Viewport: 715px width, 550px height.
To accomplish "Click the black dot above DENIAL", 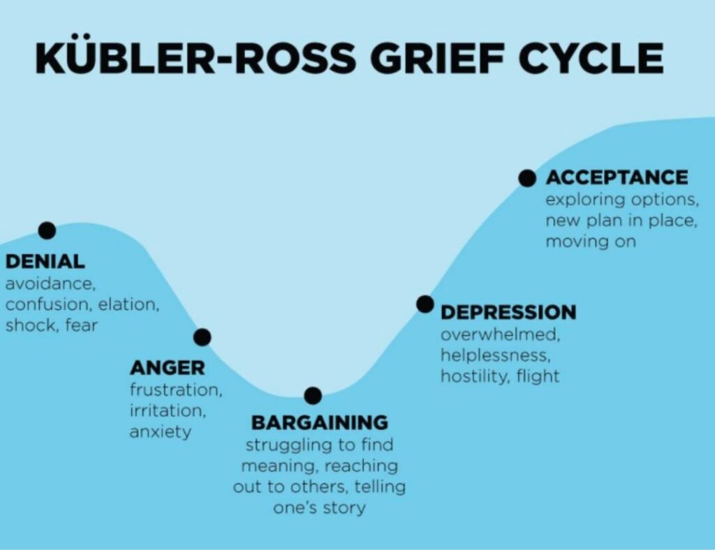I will [x=47, y=230].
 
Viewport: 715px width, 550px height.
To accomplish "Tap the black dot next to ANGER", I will [x=202, y=337].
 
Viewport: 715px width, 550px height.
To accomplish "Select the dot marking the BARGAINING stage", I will [x=313, y=396].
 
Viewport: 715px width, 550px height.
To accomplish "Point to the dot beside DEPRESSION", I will [x=425, y=304].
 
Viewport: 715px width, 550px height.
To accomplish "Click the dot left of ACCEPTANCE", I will [x=527, y=177].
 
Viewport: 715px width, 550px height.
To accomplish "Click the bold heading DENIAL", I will [x=45, y=262].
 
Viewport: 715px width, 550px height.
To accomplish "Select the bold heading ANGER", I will [x=167, y=367].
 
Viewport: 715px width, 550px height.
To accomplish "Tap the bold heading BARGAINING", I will [x=319, y=422].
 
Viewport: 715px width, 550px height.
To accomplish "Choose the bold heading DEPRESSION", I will [x=508, y=311].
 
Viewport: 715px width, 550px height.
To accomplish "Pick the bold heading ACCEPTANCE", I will [x=617, y=177].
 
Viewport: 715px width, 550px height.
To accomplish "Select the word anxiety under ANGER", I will [x=160, y=431].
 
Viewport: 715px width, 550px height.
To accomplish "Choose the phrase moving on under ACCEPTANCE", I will [x=591, y=241].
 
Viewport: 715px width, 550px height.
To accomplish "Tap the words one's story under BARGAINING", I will [x=319, y=507].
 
